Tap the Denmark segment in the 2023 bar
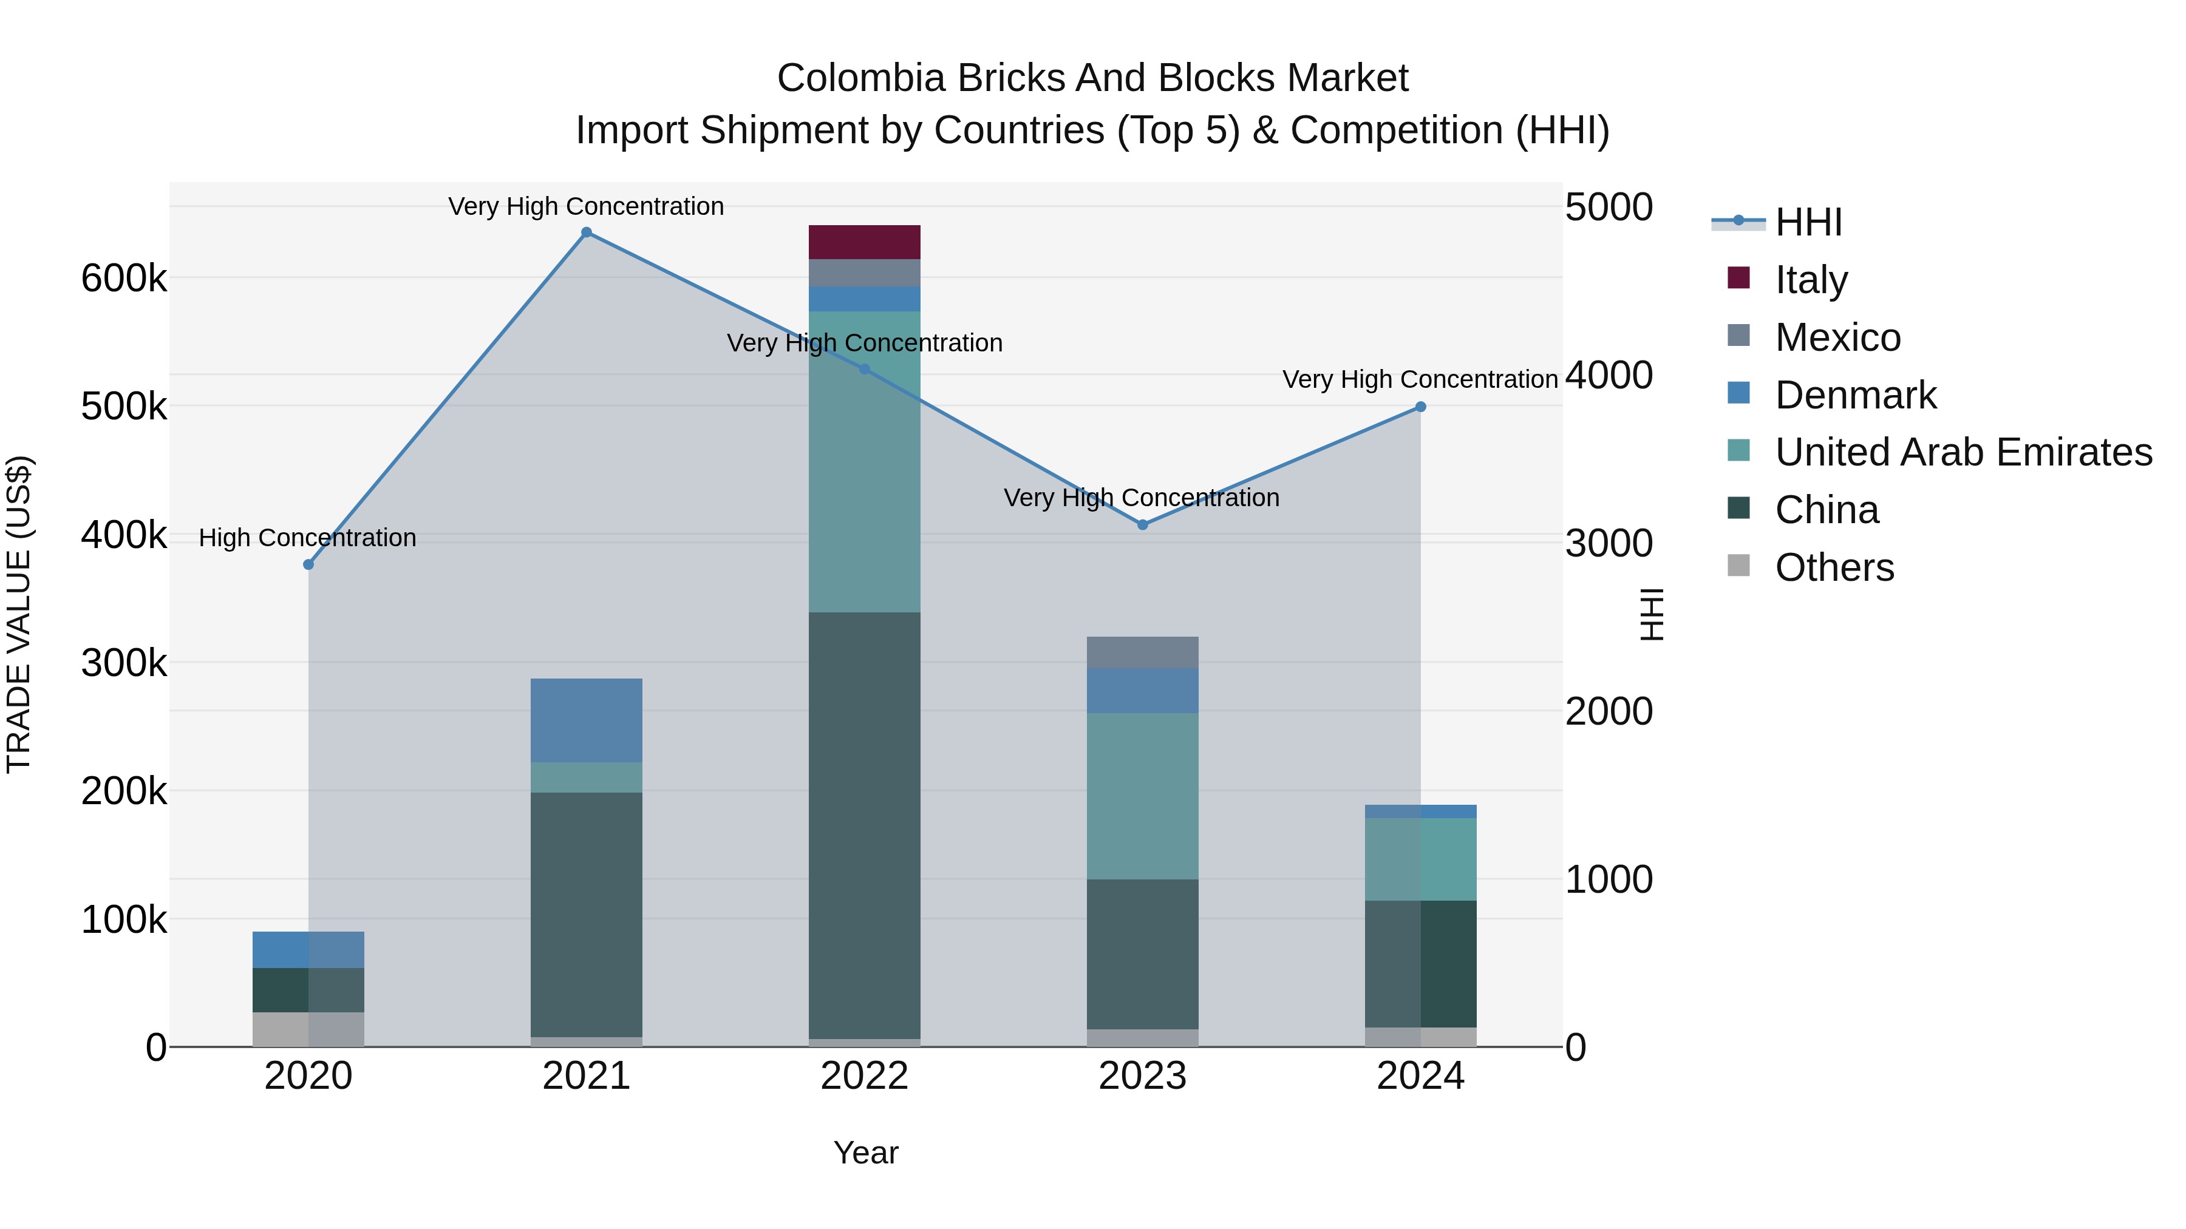click(1142, 691)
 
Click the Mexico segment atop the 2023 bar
click(1142, 652)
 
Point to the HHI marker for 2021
click(587, 232)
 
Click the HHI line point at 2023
click(1142, 525)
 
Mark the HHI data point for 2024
click(1420, 407)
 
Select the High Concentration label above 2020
click(307, 538)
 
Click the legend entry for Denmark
click(1855, 395)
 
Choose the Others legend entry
click(1834, 567)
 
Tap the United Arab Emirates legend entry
click(1963, 452)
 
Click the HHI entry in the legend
click(1808, 222)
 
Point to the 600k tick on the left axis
click(124, 278)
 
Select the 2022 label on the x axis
click(864, 1076)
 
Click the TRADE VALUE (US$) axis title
click(19, 614)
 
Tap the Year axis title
click(865, 1153)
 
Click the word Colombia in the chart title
click(860, 78)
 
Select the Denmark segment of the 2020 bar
click(308, 950)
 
